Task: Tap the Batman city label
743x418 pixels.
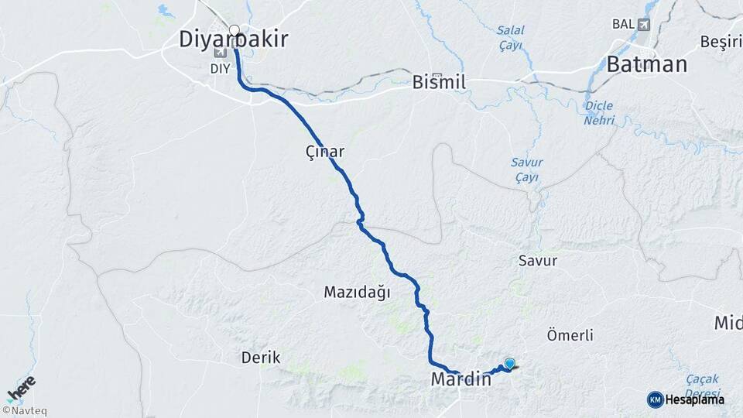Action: (x=647, y=64)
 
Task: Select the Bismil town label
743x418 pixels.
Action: (x=440, y=81)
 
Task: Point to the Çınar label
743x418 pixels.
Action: (x=324, y=152)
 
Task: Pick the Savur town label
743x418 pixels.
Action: (x=538, y=261)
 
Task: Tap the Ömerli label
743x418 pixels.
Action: (x=570, y=335)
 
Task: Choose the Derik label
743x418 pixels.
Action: (x=261, y=358)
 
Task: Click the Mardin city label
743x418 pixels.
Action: (x=461, y=380)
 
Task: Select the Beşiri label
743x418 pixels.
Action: (x=720, y=41)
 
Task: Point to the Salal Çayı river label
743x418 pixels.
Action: (x=510, y=37)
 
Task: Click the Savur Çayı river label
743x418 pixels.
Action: (x=526, y=170)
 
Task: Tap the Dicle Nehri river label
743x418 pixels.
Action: (x=599, y=113)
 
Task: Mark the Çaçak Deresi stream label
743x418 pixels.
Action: (x=703, y=385)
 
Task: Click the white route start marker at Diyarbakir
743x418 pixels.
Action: (x=235, y=31)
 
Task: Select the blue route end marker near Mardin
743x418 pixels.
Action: (x=509, y=363)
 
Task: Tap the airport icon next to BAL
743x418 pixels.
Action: (x=644, y=24)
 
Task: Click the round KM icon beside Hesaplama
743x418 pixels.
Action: (x=655, y=399)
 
